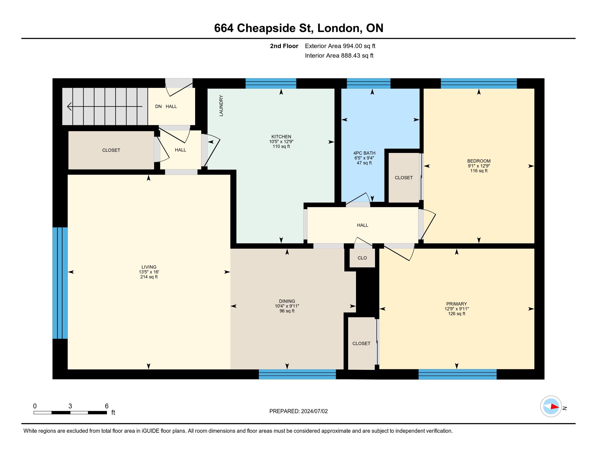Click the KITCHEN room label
click(281, 137)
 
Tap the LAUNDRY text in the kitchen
click(221, 106)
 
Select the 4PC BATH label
click(364, 153)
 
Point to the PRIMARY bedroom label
click(456, 304)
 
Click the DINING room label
click(287, 301)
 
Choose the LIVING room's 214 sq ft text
click(149, 277)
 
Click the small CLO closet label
click(362, 258)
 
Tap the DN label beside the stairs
click(158, 107)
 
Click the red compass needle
click(554, 406)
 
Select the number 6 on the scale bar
click(107, 406)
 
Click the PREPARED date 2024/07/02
click(314, 411)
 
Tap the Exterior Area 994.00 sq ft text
click(340, 46)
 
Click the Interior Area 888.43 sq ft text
click(339, 55)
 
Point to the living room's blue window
click(60, 283)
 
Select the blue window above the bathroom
click(369, 83)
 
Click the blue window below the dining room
click(297, 374)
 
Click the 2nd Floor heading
click(284, 46)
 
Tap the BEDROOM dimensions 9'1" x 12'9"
click(479, 166)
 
